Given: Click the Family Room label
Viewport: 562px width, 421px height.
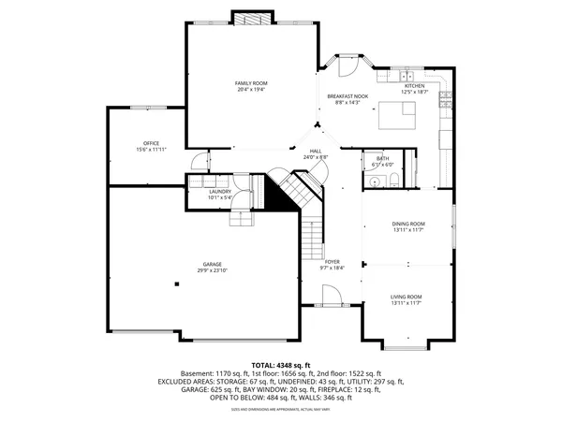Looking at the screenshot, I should pos(250,83).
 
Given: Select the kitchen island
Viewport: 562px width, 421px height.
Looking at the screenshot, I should pos(397,118).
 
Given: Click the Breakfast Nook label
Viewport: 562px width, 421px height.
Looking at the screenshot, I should pos(348,96).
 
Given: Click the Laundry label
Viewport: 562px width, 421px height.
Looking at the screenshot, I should pos(219,191).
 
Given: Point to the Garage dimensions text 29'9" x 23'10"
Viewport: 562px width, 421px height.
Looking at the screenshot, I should pos(212,270).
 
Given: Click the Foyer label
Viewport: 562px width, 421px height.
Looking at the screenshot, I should pos(332,261).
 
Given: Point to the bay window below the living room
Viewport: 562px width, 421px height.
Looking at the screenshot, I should pos(407,345).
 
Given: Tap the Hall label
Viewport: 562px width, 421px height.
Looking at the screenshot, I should pos(318,151).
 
